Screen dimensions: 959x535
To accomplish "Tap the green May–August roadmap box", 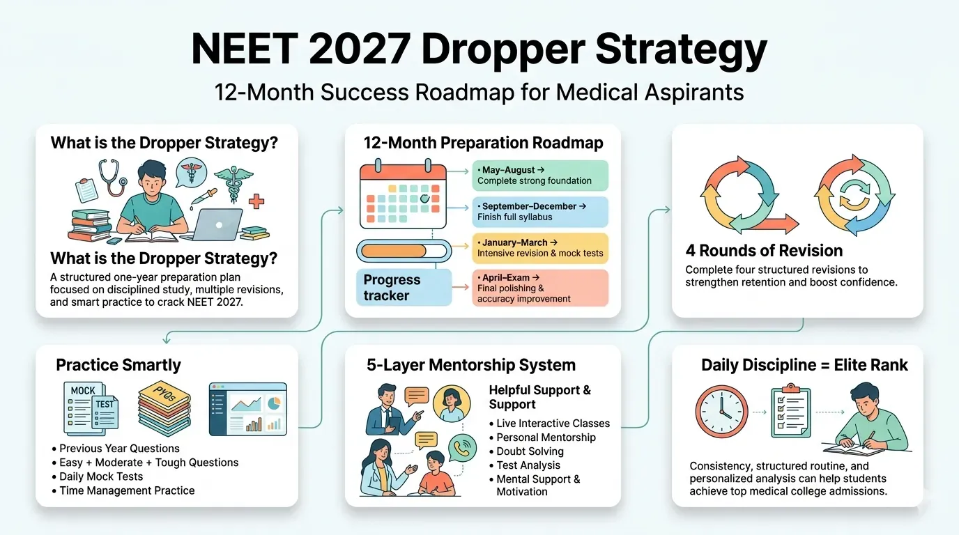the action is click(540, 176).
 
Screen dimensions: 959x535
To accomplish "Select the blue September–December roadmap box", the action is click(540, 212).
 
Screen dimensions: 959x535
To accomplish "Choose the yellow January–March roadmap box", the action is click(540, 248).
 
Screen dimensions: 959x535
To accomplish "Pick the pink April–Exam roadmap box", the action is click(540, 288).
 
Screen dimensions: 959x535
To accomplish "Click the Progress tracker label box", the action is click(404, 287).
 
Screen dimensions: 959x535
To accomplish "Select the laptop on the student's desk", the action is click(216, 225).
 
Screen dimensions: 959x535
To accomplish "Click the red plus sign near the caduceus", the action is click(256, 201).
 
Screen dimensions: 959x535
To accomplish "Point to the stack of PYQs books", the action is click(164, 409).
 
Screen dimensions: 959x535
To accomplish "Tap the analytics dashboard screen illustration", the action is click(248, 409).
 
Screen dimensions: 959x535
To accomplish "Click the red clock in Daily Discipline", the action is click(721, 411).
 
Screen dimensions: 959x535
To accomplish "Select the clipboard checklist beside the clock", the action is click(791, 410).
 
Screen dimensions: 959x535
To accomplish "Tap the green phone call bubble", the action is click(462, 448).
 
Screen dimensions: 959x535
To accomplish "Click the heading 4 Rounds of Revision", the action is click(764, 250).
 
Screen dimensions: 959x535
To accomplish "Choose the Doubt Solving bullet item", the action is click(526, 451).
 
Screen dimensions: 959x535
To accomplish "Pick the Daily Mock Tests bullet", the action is click(97, 476).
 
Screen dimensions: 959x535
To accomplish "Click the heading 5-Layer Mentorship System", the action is click(471, 365).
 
